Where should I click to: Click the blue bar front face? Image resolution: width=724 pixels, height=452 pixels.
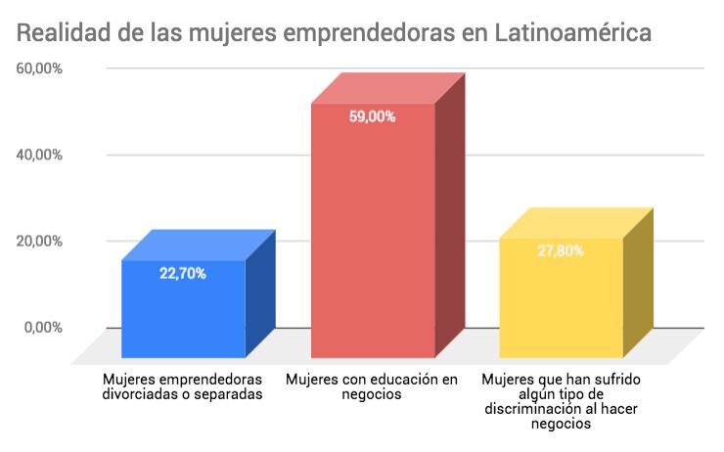click(183, 313)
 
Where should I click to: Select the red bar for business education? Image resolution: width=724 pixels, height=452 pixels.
click(372, 235)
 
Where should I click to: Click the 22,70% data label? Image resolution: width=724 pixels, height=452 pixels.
click(183, 274)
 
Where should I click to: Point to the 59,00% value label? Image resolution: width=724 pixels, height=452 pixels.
click(372, 116)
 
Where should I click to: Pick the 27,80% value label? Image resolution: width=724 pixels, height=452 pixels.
click(561, 250)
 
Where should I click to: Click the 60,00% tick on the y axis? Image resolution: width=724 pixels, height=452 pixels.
click(39, 68)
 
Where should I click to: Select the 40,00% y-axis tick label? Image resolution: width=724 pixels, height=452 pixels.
click(39, 155)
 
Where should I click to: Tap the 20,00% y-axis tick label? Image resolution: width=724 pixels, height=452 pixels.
click(39, 241)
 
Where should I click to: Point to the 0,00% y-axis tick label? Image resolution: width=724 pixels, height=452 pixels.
click(43, 327)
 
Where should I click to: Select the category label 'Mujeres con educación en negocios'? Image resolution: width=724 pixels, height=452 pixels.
click(372, 386)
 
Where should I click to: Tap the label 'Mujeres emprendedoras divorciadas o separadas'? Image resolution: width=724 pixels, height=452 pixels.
click(183, 386)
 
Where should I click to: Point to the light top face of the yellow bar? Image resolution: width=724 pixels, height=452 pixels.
click(575, 223)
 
